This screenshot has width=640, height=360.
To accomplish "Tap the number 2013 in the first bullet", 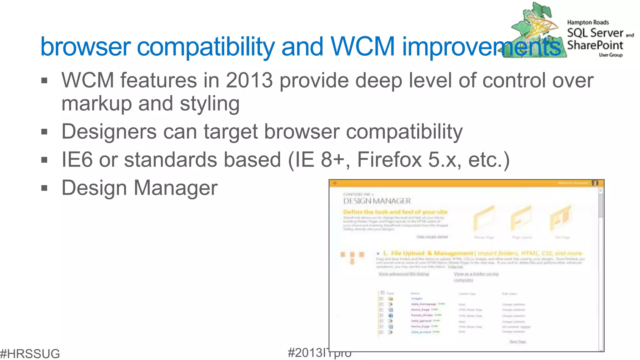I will point(249,81).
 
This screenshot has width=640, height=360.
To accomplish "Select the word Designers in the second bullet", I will point(109,132).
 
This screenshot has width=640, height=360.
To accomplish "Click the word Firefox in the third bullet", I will point(389,160).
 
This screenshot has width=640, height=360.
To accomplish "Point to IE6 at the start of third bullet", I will point(77,160).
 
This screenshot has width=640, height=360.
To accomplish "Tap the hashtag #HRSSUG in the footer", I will point(30,354).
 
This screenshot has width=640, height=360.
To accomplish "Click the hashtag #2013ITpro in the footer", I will point(319,353).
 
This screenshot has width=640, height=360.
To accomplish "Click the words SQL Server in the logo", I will point(595,33).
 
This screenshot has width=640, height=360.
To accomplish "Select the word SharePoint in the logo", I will point(595,45).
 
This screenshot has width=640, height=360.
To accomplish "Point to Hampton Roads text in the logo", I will point(588,22).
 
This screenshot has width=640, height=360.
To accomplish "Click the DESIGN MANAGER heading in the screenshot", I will point(377,201).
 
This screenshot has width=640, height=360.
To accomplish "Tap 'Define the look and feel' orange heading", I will point(395,212).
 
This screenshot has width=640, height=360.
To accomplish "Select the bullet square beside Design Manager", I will point(44,188).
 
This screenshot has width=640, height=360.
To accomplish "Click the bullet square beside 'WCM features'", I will point(44,81).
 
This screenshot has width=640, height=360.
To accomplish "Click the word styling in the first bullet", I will point(210,104).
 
